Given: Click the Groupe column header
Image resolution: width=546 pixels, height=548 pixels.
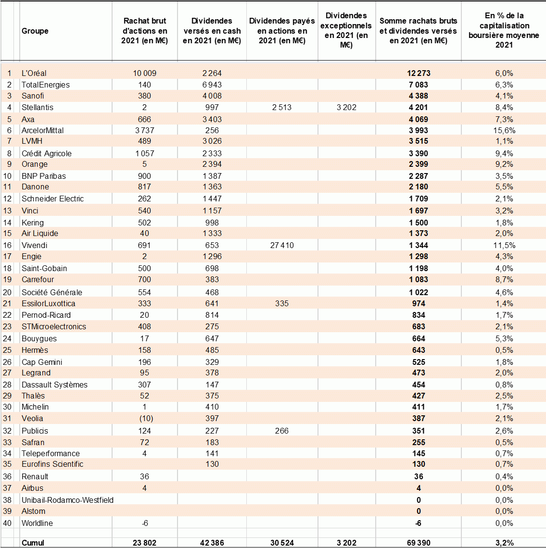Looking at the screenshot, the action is (x=35, y=31).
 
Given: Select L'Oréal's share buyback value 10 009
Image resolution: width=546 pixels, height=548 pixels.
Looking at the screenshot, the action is (x=144, y=74).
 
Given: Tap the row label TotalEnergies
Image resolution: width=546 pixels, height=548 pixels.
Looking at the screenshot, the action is (x=46, y=85).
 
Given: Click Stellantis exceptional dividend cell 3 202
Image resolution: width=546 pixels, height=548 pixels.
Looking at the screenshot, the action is (x=346, y=107).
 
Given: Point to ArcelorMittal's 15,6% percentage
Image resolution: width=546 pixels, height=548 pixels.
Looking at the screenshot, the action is (x=504, y=130).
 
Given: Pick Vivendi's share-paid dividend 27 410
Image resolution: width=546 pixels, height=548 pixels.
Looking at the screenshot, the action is (x=282, y=245).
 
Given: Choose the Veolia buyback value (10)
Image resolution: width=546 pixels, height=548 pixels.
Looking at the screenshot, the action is (x=144, y=418).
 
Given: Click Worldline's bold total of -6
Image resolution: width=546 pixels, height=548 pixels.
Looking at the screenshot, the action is (x=419, y=523).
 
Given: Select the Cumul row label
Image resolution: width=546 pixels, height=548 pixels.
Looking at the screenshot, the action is (x=33, y=543).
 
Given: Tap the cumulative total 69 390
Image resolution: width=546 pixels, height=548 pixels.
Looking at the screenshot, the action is (x=419, y=543).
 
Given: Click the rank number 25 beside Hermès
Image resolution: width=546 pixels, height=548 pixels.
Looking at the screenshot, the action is (x=7, y=350).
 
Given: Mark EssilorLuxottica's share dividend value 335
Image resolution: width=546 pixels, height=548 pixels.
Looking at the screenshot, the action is (x=282, y=303).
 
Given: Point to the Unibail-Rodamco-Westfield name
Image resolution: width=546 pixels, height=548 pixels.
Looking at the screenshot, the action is (x=67, y=500).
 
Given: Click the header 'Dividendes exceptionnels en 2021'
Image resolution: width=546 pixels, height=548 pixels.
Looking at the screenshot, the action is (x=346, y=30).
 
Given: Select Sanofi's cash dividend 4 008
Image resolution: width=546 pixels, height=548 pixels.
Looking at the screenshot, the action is (x=212, y=96).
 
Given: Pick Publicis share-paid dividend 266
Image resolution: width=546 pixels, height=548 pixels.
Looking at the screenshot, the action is (x=282, y=431).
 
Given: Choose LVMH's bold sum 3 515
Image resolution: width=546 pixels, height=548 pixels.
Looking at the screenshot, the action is (x=419, y=141).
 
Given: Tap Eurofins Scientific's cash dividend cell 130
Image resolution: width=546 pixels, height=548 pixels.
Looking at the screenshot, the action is (x=212, y=464).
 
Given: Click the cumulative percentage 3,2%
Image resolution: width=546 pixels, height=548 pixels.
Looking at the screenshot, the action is (x=504, y=543).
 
